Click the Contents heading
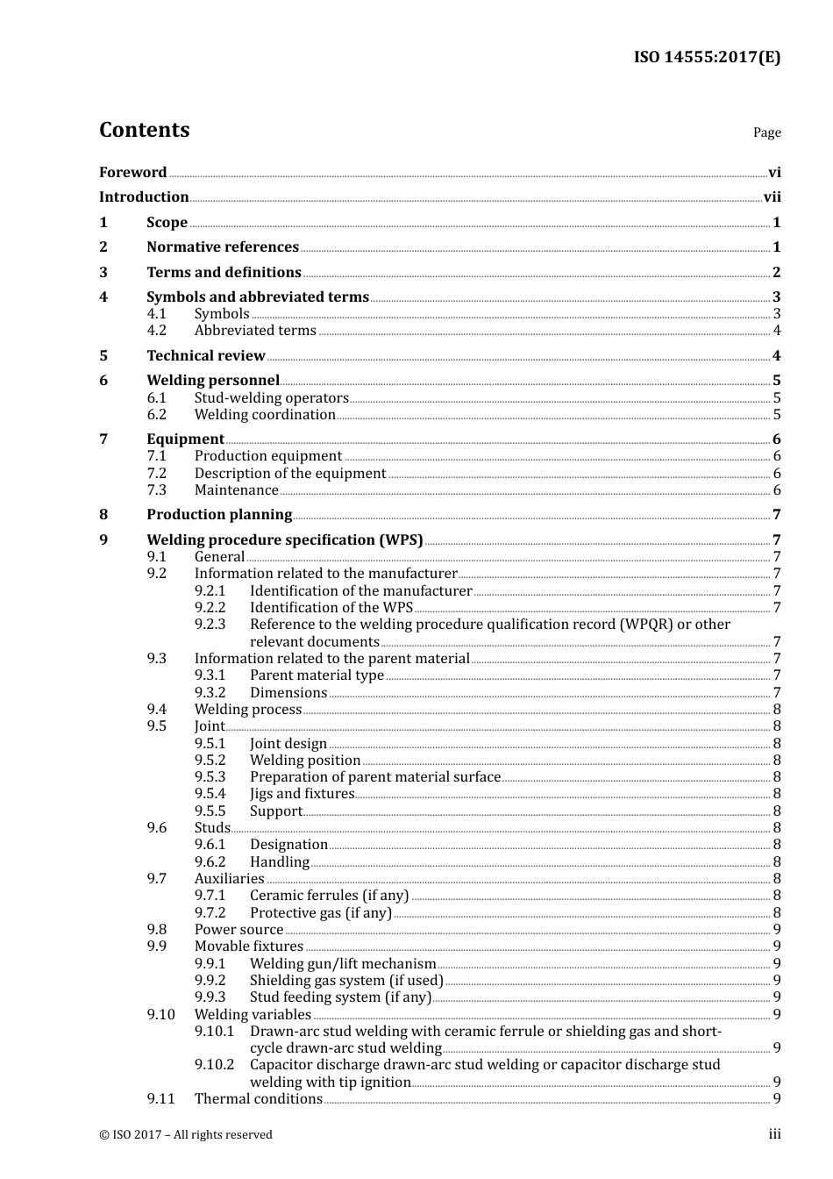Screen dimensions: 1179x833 (144, 130)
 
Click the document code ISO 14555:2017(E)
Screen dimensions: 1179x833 (707, 57)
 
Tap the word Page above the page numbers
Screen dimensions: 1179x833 (766, 132)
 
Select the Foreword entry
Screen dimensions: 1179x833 (132, 173)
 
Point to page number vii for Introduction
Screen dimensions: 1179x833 (772, 197)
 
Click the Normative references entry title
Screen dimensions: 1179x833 (223, 247)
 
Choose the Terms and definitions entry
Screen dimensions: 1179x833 (224, 273)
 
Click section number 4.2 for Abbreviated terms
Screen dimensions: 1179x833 (156, 331)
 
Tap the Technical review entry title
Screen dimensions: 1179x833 (205, 356)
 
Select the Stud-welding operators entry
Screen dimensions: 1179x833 (271, 398)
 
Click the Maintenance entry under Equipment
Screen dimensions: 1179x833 (236, 490)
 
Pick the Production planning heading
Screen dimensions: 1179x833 (219, 515)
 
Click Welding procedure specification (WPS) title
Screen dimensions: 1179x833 (284, 540)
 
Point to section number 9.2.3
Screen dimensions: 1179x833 (210, 625)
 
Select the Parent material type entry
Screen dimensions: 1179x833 (317, 675)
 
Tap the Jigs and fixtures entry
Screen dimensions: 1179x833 (302, 794)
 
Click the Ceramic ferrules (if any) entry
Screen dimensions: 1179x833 (329, 896)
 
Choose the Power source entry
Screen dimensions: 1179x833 (239, 930)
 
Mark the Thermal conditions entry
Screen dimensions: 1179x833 (258, 1099)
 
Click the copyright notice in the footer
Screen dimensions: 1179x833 (185, 1135)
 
